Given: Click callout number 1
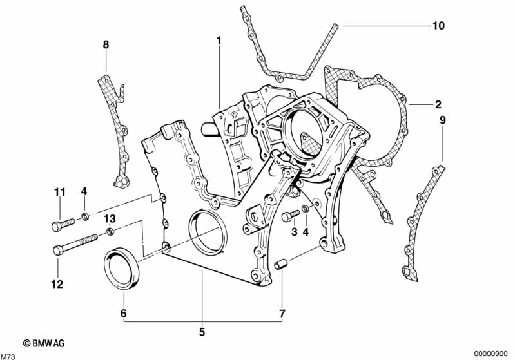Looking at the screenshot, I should (219, 41).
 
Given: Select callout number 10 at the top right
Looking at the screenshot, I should (438, 26).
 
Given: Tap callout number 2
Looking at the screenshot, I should (438, 104).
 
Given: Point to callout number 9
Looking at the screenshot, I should (443, 120).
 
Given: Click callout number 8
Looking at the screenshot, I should (106, 44).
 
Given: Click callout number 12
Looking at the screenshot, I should (59, 284).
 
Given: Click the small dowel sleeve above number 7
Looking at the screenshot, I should (280, 265).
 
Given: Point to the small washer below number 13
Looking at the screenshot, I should (110, 231).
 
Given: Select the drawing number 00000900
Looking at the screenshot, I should (492, 354).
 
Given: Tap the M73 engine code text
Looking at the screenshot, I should (8, 355).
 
